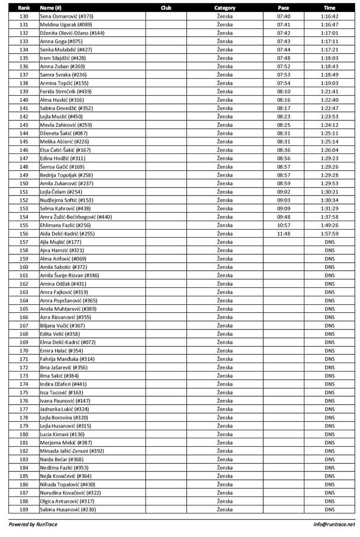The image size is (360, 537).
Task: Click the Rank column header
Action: pyautogui.click(x=24, y=8)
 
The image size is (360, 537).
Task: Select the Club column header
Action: pyautogui.click(x=166, y=8)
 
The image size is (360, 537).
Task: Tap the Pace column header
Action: pyautogui.click(x=283, y=8)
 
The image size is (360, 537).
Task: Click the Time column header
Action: pyautogui.click(x=329, y=8)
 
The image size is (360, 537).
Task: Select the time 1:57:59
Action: pyautogui.click(x=329, y=234)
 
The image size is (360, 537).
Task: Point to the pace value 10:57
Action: pyautogui.click(x=283, y=225)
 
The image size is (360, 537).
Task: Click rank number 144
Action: pyautogui.click(x=24, y=133)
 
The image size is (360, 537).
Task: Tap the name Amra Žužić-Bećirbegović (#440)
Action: pyautogui.click(x=76, y=217)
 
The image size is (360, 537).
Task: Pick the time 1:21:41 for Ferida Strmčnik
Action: pyautogui.click(x=329, y=92)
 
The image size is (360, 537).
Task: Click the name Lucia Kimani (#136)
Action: pyautogui.click(x=62, y=434)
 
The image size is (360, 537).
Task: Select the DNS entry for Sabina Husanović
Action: pyautogui.click(x=329, y=509)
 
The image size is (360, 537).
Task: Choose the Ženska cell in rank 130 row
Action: pyautogui.click(x=224, y=16)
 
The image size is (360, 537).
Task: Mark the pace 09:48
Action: pyautogui.click(x=283, y=217)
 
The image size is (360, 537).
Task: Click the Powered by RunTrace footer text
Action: pyautogui.click(x=33, y=524)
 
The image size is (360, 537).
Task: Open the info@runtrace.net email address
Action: pyautogui.click(x=334, y=524)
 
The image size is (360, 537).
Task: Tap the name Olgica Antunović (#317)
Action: pyautogui.click(x=67, y=501)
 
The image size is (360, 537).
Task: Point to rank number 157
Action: pyautogui.click(x=24, y=242)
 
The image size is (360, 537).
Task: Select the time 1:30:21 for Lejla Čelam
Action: pyautogui.click(x=329, y=192)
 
